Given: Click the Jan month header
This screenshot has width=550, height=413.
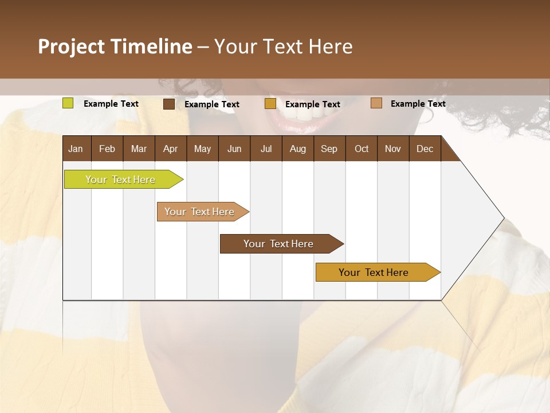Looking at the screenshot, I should pyautogui.click(x=76, y=149).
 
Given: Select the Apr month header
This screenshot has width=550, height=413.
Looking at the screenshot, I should pyautogui.click(x=170, y=149).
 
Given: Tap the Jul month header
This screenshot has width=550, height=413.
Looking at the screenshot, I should pyautogui.click(x=266, y=149).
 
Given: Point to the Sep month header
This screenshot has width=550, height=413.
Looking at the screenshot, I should pyautogui.click(x=329, y=149).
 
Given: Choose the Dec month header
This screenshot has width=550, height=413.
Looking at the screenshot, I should pyautogui.click(x=425, y=149).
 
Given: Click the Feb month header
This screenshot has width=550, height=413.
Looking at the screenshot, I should pyautogui.click(x=107, y=149).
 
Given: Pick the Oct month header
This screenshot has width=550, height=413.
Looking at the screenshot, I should pyautogui.click(x=362, y=149).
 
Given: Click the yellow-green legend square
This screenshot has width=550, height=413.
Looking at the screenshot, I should pyautogui.click(x=68, y=103).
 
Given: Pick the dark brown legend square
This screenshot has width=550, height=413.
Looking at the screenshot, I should pyautogui.click(x=169, y=104).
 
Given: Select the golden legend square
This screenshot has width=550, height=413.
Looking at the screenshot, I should pyautogui.click(x=270, y=104).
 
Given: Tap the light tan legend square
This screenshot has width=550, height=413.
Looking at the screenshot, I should pyautogui.click(x=376, y=103).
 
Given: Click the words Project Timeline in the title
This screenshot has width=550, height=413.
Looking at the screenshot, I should pyautogui.click(x=115, y=46).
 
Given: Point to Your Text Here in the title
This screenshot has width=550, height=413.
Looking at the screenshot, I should pyautogui.click(x=283, y=46).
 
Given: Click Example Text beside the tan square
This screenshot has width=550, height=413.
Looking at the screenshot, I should pyautogui.click(x=418, y=104).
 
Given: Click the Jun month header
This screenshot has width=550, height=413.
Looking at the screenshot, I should pyautogui.click(x=234, y=149).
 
